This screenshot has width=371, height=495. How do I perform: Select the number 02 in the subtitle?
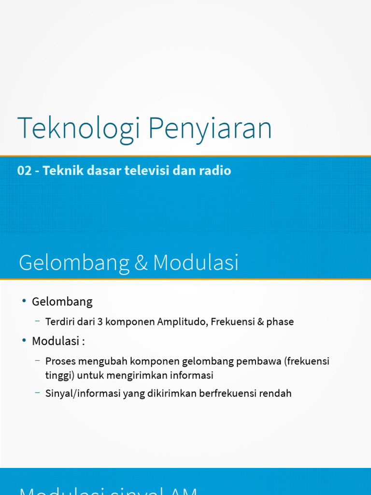click(24, 171)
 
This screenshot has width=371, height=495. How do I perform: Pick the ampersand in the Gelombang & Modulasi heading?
click(141, 263)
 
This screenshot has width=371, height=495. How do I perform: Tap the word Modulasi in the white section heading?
click(196, 263)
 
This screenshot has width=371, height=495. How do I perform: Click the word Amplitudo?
click(183, 321)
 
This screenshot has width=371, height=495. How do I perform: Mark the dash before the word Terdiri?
click(38, 320)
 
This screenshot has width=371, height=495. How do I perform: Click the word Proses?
click(59, 361)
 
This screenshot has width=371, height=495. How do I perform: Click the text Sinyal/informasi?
click(83, 393)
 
